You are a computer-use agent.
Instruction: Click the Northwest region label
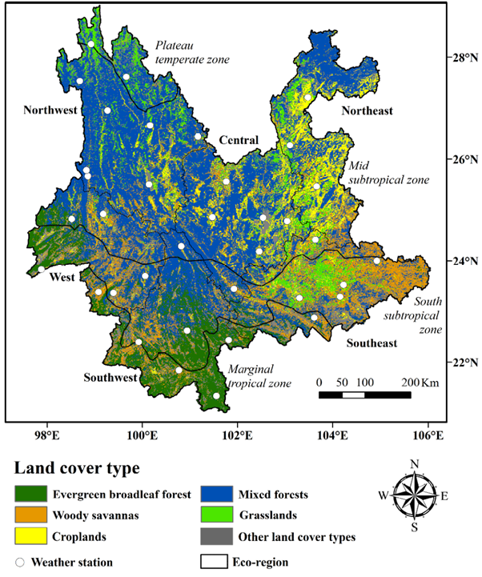click(50, 110)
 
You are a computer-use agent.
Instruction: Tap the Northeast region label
click(368, 110)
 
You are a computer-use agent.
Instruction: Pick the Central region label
click(238, 141)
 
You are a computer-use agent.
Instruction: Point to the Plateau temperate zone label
click(192, 53)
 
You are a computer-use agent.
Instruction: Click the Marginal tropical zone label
click(261, 375)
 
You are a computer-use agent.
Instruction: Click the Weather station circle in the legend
click(20, 562)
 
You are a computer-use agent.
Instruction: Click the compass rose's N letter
click(414, 464)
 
